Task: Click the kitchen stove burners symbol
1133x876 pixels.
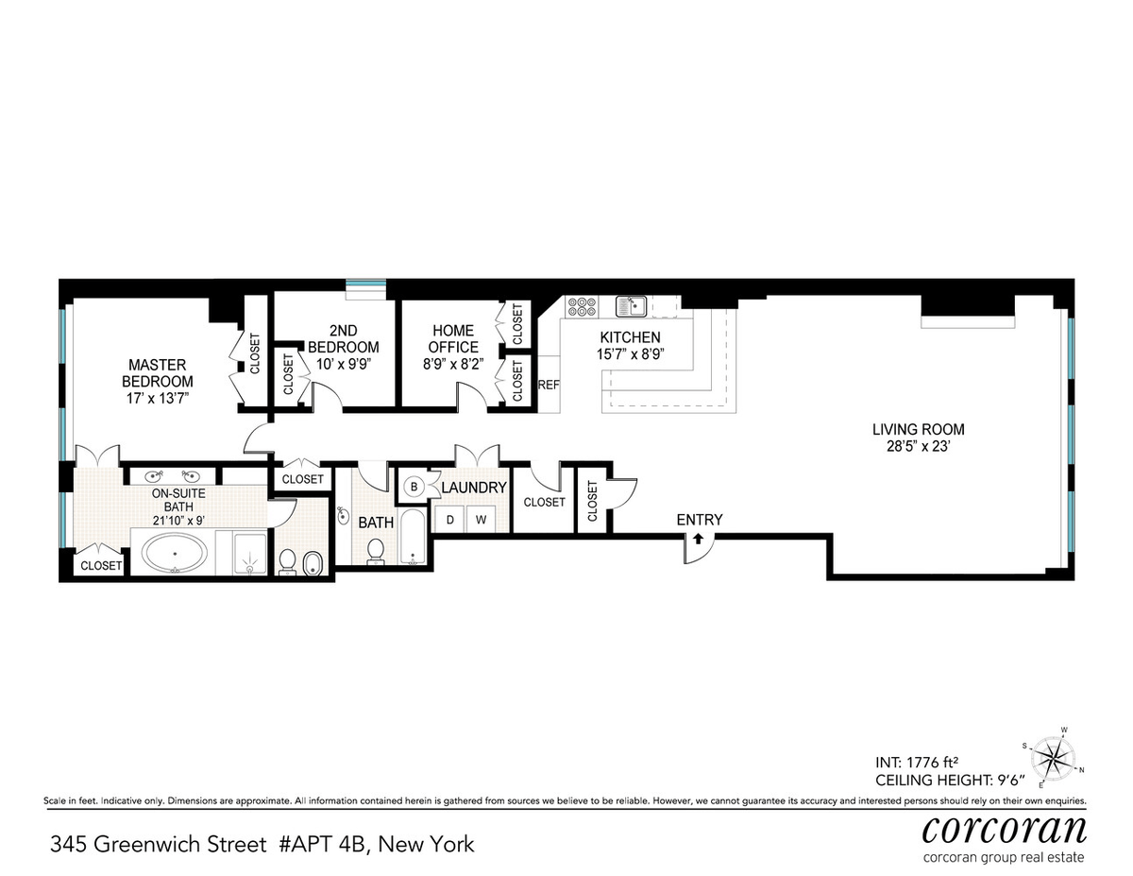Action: pyautogui.click(x=582, y=306)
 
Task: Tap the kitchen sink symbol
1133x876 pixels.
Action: pyautogui.click(x=632, y=306)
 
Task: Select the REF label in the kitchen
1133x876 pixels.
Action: pyautogui.click(x=549, y=385)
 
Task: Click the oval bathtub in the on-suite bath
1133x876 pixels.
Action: pyautogui.click(x=176, y=553)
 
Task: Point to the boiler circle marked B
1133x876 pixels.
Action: pyautogui.click(x=414, y=487)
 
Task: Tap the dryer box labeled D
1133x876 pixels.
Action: pyautogui.click(x=450, y=520)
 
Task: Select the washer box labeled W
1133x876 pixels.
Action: pyautogui.click(x=481, y=520)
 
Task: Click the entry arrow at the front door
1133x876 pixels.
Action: pyautogui.click(x=699, y=539)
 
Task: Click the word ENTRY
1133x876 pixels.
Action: pyautogui.click(x=700, y=520)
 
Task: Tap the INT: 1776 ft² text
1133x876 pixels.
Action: pyautogui.click(x=917, y=763)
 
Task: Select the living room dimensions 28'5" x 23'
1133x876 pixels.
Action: pyautogui.click(x=918, y=447)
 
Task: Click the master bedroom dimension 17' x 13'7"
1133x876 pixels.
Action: pyautogui.click(x=157, y=399)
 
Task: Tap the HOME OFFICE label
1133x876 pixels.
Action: pyautogui.click(x=453, y=339)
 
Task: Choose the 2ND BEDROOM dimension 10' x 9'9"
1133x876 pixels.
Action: pyautogui.click(x=343, y=364)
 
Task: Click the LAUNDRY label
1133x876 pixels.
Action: pyautogui.click(x=474, y=488)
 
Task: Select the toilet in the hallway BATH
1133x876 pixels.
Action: pyautogui.click(x=376, y=552)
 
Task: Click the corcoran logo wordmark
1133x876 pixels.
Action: pyautogui.click(x=1005, y=831)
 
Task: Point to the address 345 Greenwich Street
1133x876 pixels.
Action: pyautogui.click(x=158, y=844)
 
